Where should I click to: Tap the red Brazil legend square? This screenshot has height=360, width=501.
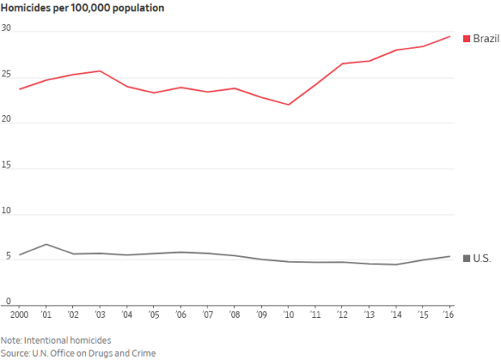coord(466,39)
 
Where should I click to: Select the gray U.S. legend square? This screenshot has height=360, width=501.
coord(466,259)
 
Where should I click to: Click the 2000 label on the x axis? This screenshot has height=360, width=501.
coord(19,313)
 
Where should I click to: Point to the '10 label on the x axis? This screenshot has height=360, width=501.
coord(288,313)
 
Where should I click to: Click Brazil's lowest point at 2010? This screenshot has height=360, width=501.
coord(288,105)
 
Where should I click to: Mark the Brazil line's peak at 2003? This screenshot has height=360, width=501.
coord(100,71)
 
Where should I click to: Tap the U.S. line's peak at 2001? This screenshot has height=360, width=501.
coord(46,244)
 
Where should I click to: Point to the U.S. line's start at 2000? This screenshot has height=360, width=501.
coord(19,255)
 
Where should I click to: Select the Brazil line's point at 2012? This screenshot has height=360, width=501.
coord(342,63)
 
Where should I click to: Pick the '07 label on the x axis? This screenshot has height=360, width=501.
coord(207,313)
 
